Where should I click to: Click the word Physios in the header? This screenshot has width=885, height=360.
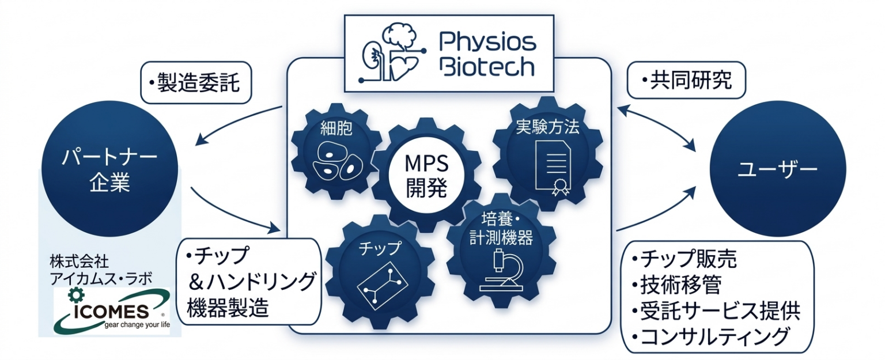point(487,42)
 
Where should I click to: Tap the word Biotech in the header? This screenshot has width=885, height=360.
point(487,67)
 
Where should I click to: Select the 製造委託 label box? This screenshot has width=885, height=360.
point(196,83)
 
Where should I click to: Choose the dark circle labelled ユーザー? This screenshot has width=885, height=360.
point(777,169)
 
